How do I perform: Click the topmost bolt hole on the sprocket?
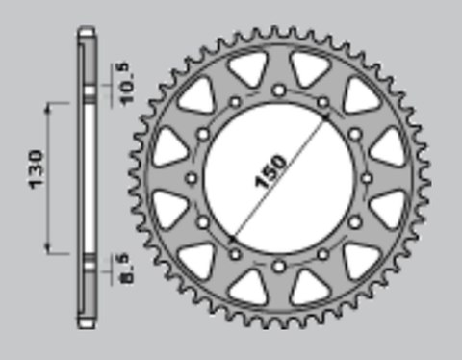tap(278, 90)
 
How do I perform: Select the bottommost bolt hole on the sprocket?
tap(278, 265)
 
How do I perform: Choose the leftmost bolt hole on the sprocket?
tap(191, 178)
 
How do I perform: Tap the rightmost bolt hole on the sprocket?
tap(366, 178)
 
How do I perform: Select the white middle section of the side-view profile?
tap(88, 177)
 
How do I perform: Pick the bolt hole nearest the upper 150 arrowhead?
tap(322, 102)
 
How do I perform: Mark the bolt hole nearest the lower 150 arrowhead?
tap(234, 254)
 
